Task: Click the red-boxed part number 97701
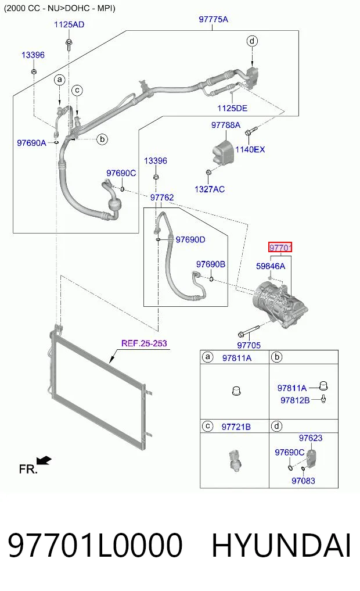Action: click(280, 248)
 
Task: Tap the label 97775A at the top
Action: click(214, 19)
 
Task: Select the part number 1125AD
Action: click(69, 24)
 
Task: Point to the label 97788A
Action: click(225, 125)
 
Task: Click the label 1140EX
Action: click(250, 149)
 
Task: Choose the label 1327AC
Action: click(210, 189)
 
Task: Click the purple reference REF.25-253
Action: click(144, 343)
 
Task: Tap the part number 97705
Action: click(249, 345)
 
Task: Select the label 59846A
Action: click(271, 266)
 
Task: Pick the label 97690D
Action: click(190, 240)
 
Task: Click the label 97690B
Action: click(211, 264)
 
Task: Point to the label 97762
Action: click(162, 198)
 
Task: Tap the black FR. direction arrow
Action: click(44, 461)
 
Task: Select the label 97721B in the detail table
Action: click(236, 427)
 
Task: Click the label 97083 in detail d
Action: click(303, 481)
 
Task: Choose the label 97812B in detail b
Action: click(295, 400)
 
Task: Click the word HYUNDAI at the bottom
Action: click(281, 545)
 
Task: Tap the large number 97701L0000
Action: click(95, 545)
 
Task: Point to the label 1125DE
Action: click(232, 108)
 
